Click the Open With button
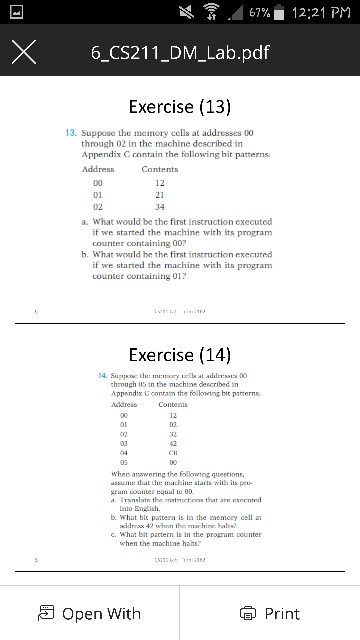[x=88, y=613]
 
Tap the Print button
[x=269, y=613]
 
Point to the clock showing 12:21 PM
[x=317, y=11]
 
